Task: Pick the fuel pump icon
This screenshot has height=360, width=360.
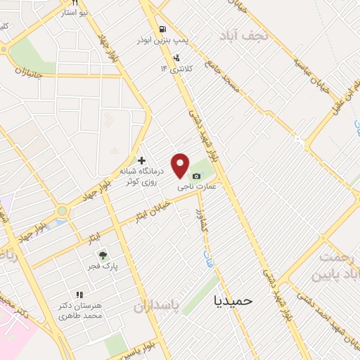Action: (163, 30)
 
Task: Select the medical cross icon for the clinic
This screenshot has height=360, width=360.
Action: (142, 160)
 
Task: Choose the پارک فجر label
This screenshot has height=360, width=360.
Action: (104, 267)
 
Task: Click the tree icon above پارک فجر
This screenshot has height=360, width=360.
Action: (103, 255)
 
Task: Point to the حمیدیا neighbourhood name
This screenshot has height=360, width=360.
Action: (232, 300)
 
